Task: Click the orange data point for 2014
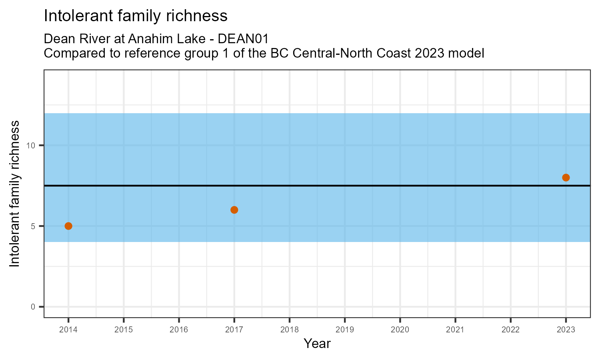[68, 226]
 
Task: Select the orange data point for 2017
[234, 210]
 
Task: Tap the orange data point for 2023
[566, 178]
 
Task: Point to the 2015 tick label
[124, 330]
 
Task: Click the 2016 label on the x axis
[179, 330]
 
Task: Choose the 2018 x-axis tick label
[290, 330]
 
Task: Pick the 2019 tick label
[345, 330]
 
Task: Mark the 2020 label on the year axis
[400, 330]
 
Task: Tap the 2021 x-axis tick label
[455, 330]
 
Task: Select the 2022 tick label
[510, 330]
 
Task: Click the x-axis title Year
[317, 344]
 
